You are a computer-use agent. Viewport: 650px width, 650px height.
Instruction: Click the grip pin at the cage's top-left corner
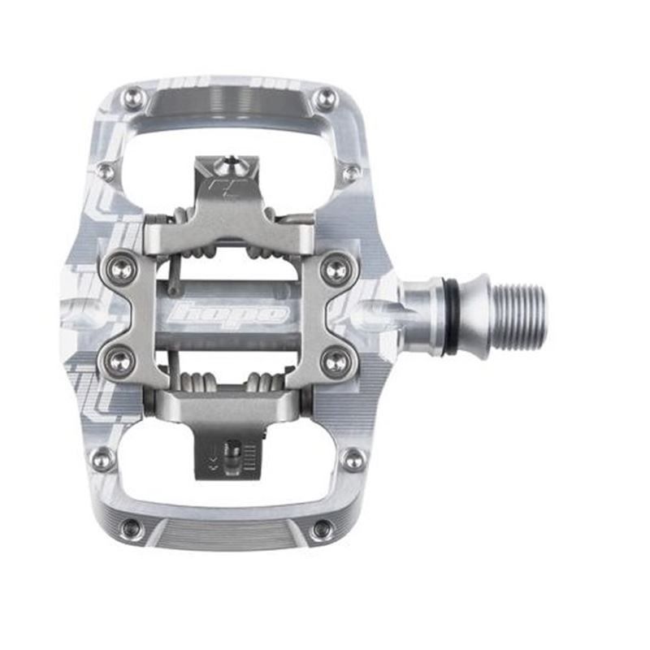pos(135,99)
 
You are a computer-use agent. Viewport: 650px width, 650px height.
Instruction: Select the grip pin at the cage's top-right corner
pos(327,99)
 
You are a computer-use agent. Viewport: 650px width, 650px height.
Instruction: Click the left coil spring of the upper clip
pos(183,218)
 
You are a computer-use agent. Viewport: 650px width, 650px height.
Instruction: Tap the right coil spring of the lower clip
pos(268,383)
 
